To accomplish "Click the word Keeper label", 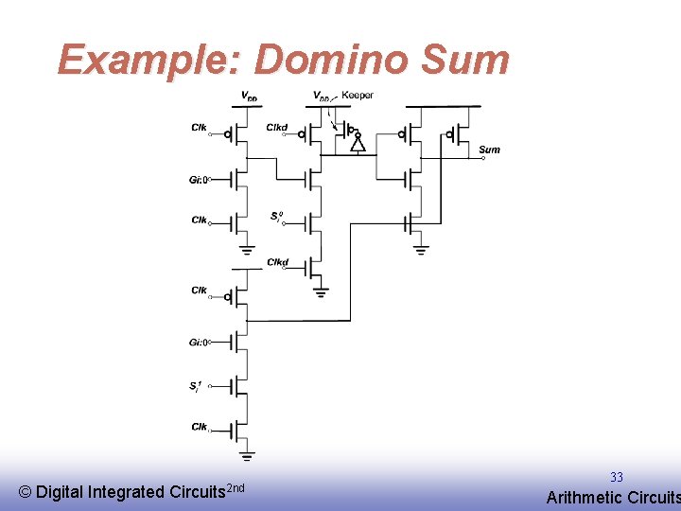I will tap(357, 95).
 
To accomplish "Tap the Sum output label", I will tap(489, 150).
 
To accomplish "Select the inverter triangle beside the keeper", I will tap(358, 144).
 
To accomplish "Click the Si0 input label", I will tap(276, 217).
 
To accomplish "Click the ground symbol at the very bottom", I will tap(247, 456).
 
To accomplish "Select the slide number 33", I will tap(616, 478).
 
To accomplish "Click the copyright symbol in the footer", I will tap(26, 492).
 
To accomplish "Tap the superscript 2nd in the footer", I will tap(236, 487).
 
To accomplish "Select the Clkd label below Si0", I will tap(277, 262).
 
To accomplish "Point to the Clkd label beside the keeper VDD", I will tap(276, 127).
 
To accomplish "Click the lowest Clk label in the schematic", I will tap(200, 427).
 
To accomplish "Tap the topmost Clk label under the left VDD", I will tap(199, 127).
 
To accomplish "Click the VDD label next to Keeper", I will tap(323, 96).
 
